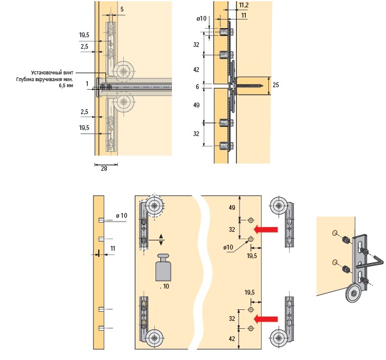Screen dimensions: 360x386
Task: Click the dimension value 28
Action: coord(103,169)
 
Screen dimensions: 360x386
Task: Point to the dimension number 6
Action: coord(196,87)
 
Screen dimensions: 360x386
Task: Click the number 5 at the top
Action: coord(122,10)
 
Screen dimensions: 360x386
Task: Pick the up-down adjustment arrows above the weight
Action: coord(161,239)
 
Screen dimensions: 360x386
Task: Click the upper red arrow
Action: coord(266,230)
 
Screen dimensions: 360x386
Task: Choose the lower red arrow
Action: coord(266,318)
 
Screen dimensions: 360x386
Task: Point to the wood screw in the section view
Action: coord(250,84)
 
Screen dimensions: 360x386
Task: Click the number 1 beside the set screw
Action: coord(87,83)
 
